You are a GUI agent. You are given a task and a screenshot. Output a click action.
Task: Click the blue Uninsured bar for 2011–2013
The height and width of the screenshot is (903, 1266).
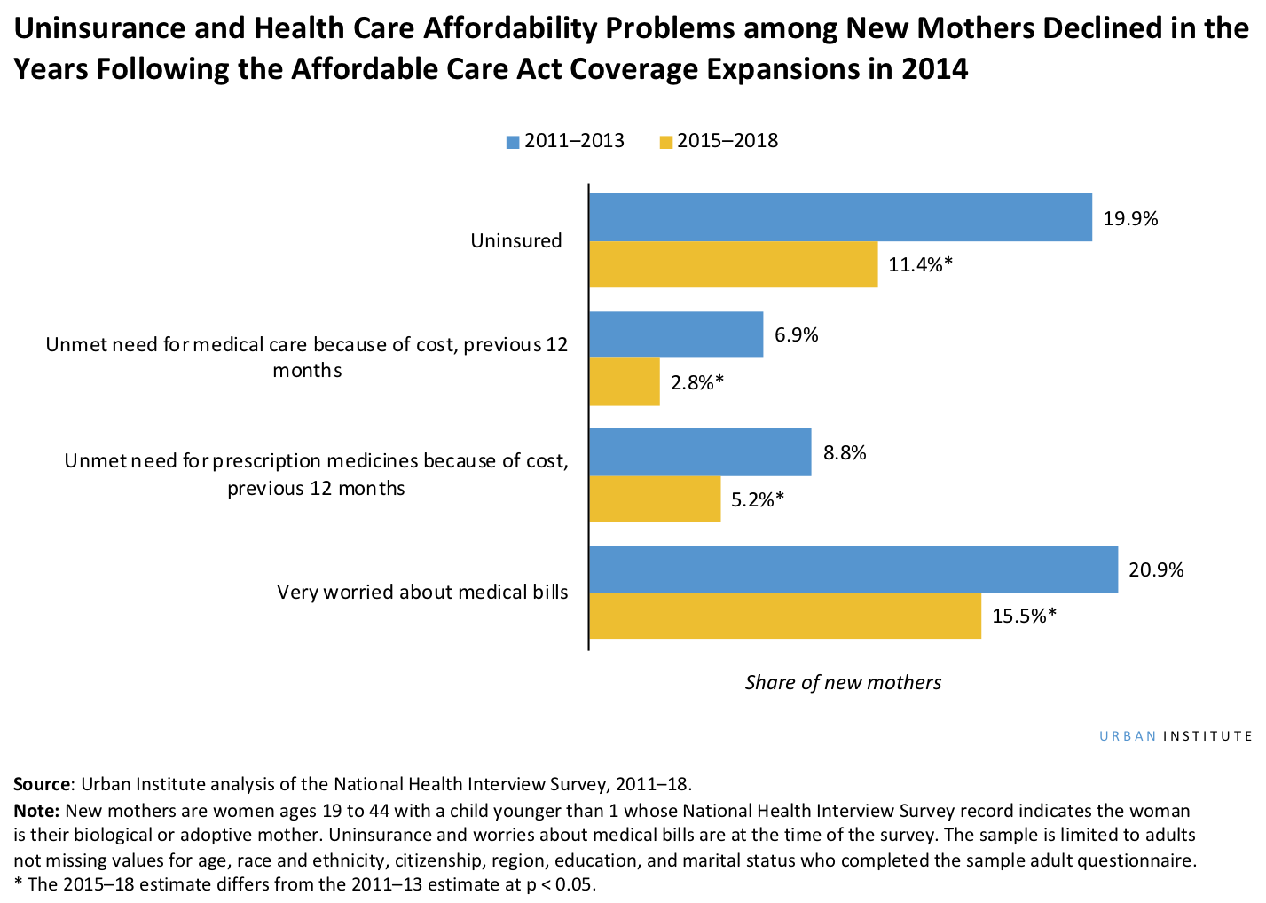840,217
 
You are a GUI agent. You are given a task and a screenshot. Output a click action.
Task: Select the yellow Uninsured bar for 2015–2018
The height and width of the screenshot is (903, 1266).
734,264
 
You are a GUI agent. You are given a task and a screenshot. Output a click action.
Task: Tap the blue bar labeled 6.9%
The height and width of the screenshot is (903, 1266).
676,334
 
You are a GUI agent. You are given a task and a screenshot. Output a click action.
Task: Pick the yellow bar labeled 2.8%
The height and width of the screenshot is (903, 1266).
625,382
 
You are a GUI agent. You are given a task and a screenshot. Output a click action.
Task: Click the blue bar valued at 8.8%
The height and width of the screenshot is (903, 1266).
700,452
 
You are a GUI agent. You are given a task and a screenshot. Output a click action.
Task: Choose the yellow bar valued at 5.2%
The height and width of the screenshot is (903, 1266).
655,499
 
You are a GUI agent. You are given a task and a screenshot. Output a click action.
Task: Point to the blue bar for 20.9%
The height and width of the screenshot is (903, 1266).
853,569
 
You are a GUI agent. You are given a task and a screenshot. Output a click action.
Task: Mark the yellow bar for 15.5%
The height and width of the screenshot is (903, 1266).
785,616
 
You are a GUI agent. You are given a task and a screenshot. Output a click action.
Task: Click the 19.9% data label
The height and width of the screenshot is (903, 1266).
1130,219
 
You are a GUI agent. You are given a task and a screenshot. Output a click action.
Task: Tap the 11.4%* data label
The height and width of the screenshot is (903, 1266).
920,264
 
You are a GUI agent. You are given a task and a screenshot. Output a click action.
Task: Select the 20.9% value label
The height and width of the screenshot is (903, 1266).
1156,570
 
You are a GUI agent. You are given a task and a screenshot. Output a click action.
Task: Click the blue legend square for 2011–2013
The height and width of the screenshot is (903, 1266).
513,142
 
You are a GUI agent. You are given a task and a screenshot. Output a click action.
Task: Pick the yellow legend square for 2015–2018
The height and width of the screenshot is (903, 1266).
665,142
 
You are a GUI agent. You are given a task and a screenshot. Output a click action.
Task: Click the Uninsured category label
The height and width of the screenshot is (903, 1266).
516,240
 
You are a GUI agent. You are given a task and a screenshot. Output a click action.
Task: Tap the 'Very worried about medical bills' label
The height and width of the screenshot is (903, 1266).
422,592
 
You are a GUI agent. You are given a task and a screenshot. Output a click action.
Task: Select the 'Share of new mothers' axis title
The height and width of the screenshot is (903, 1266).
843,682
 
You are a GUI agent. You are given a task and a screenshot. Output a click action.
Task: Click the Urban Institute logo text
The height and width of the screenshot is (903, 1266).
1176,736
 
